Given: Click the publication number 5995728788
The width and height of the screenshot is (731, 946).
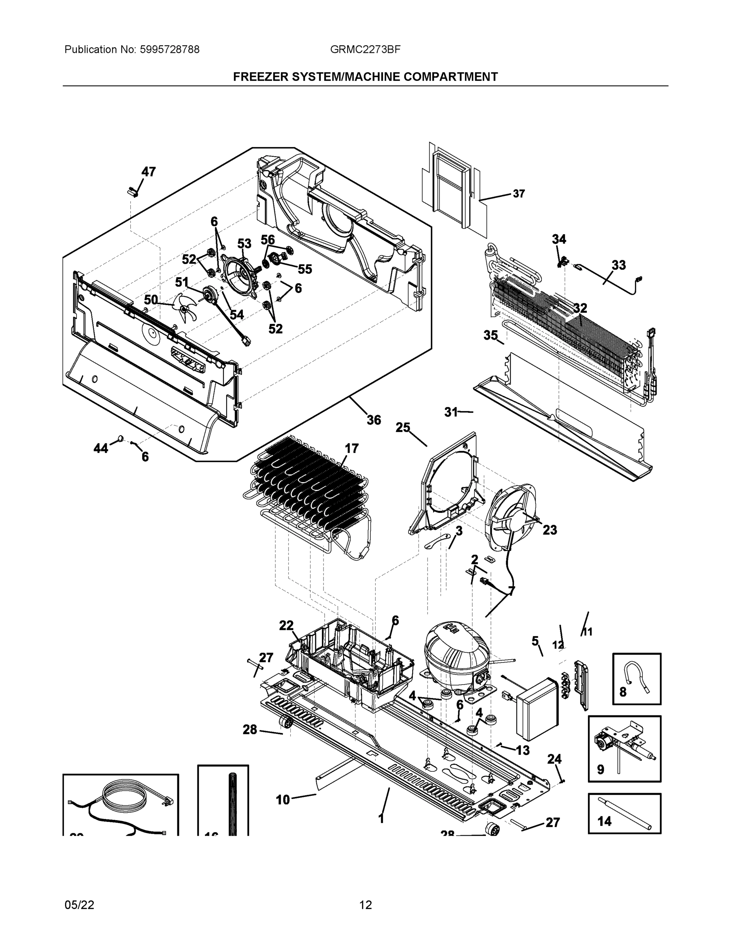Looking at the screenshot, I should coord(169,50).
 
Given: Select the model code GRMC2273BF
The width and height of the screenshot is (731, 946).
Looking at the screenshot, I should coord(365,50).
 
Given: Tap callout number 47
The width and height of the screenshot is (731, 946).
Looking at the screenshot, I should coord(149,172).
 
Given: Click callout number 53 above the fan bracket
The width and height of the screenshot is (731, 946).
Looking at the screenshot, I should coord(244,244).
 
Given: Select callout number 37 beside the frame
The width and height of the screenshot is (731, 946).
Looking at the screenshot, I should coord(519,194).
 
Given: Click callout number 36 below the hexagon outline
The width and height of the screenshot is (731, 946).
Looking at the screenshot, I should coord(374,420).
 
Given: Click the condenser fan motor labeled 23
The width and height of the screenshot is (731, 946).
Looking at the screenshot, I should coord(511,518).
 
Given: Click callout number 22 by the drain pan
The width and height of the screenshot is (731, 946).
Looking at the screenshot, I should coord(286,626).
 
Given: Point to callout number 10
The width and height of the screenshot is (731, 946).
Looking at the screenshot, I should coord(283,800).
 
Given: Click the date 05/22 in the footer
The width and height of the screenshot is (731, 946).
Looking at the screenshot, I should coord(79,905).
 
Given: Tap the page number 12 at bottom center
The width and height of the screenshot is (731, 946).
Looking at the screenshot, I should coord(366,905).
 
